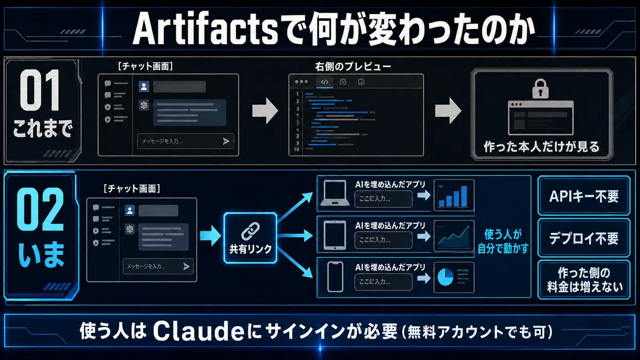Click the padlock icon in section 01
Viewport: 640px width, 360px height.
540,89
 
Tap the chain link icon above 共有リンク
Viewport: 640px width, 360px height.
250,231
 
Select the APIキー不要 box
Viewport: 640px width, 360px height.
583,196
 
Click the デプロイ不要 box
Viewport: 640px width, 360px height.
583,238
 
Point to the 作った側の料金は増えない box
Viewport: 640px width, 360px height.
583,279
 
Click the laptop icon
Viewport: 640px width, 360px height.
335,193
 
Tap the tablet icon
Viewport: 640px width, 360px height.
334,235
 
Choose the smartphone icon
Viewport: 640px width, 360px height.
335,277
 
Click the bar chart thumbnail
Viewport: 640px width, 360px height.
454,195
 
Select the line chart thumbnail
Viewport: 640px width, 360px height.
454,236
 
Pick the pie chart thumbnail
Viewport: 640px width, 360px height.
454,277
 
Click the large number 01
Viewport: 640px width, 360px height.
40,90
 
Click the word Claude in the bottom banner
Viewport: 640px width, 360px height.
198,331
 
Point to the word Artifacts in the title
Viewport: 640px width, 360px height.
205,29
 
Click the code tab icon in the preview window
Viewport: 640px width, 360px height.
325,82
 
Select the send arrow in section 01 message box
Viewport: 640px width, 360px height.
226,141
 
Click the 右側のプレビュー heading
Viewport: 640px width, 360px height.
353,67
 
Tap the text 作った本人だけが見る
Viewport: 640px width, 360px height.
541,147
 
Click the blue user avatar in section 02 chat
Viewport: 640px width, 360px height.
130,211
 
